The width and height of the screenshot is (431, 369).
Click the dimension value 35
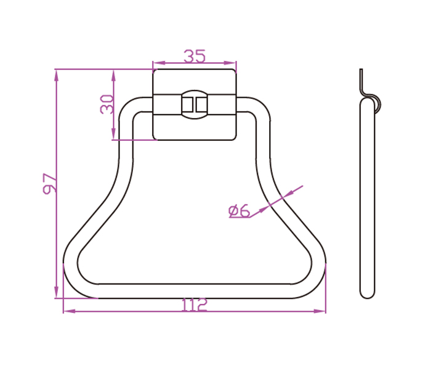(x=195, y=56)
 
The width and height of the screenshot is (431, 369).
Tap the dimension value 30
(x=107, y=105)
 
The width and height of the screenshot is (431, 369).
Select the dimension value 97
(x=50, y=183)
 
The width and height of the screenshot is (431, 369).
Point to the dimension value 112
(x=194, y=305)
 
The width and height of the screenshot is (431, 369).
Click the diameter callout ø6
(x=239, y=211)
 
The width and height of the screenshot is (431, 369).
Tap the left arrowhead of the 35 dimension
(x=159, y=63)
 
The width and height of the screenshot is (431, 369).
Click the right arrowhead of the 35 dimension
(x=230, y=63)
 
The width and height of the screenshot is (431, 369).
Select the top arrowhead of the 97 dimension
(x=57, y=75)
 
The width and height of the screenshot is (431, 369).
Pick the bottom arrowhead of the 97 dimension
(x=57, y=292)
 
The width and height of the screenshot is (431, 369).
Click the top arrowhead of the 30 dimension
(x=113, y=75)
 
